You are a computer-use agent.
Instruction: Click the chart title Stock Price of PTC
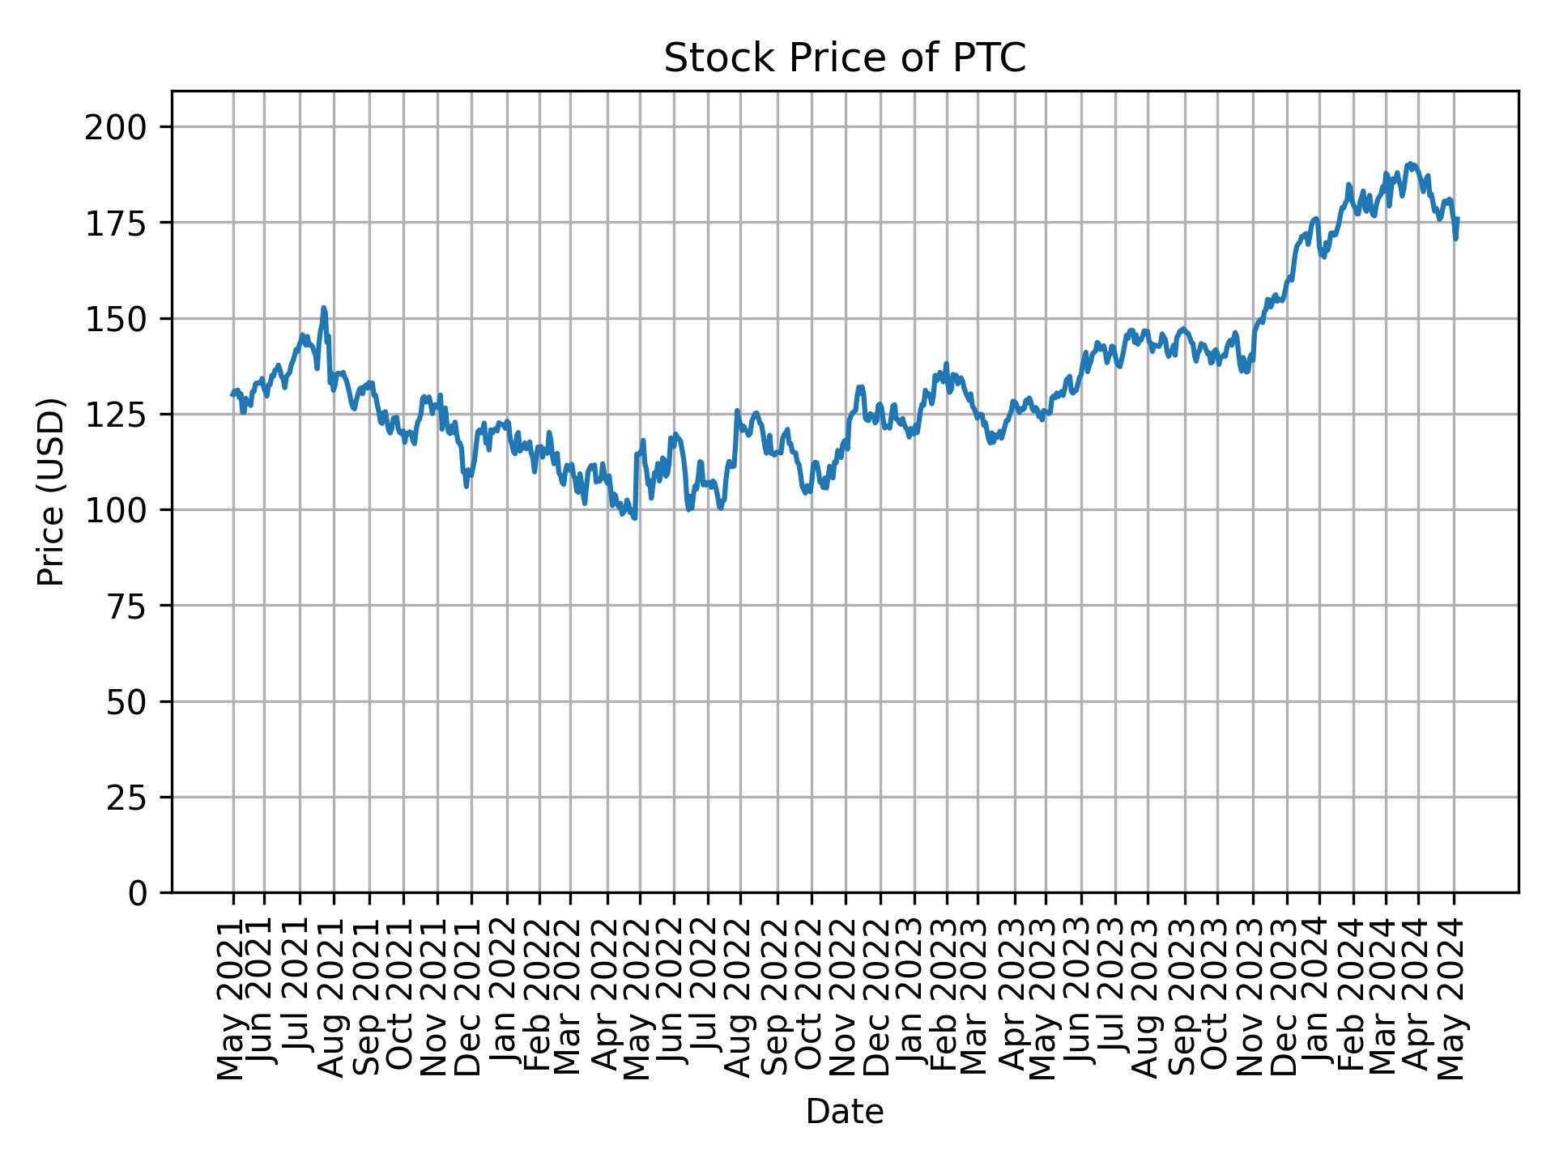tap(845, 58)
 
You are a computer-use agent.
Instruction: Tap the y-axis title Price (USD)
tap(51, 492)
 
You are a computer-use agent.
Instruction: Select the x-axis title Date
tap(845, 1113)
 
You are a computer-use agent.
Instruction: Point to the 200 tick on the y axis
tap(126, 128)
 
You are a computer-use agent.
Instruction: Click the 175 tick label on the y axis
tap(126, 223)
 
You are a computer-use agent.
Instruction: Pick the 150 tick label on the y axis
tap(126, 319)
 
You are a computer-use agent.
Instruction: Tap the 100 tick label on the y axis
tap(126, 510)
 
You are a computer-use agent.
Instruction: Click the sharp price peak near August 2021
tap(324, 308)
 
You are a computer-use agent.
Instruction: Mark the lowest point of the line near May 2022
tap(634, 518)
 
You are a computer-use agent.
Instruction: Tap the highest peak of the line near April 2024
tap(1410, 164)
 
